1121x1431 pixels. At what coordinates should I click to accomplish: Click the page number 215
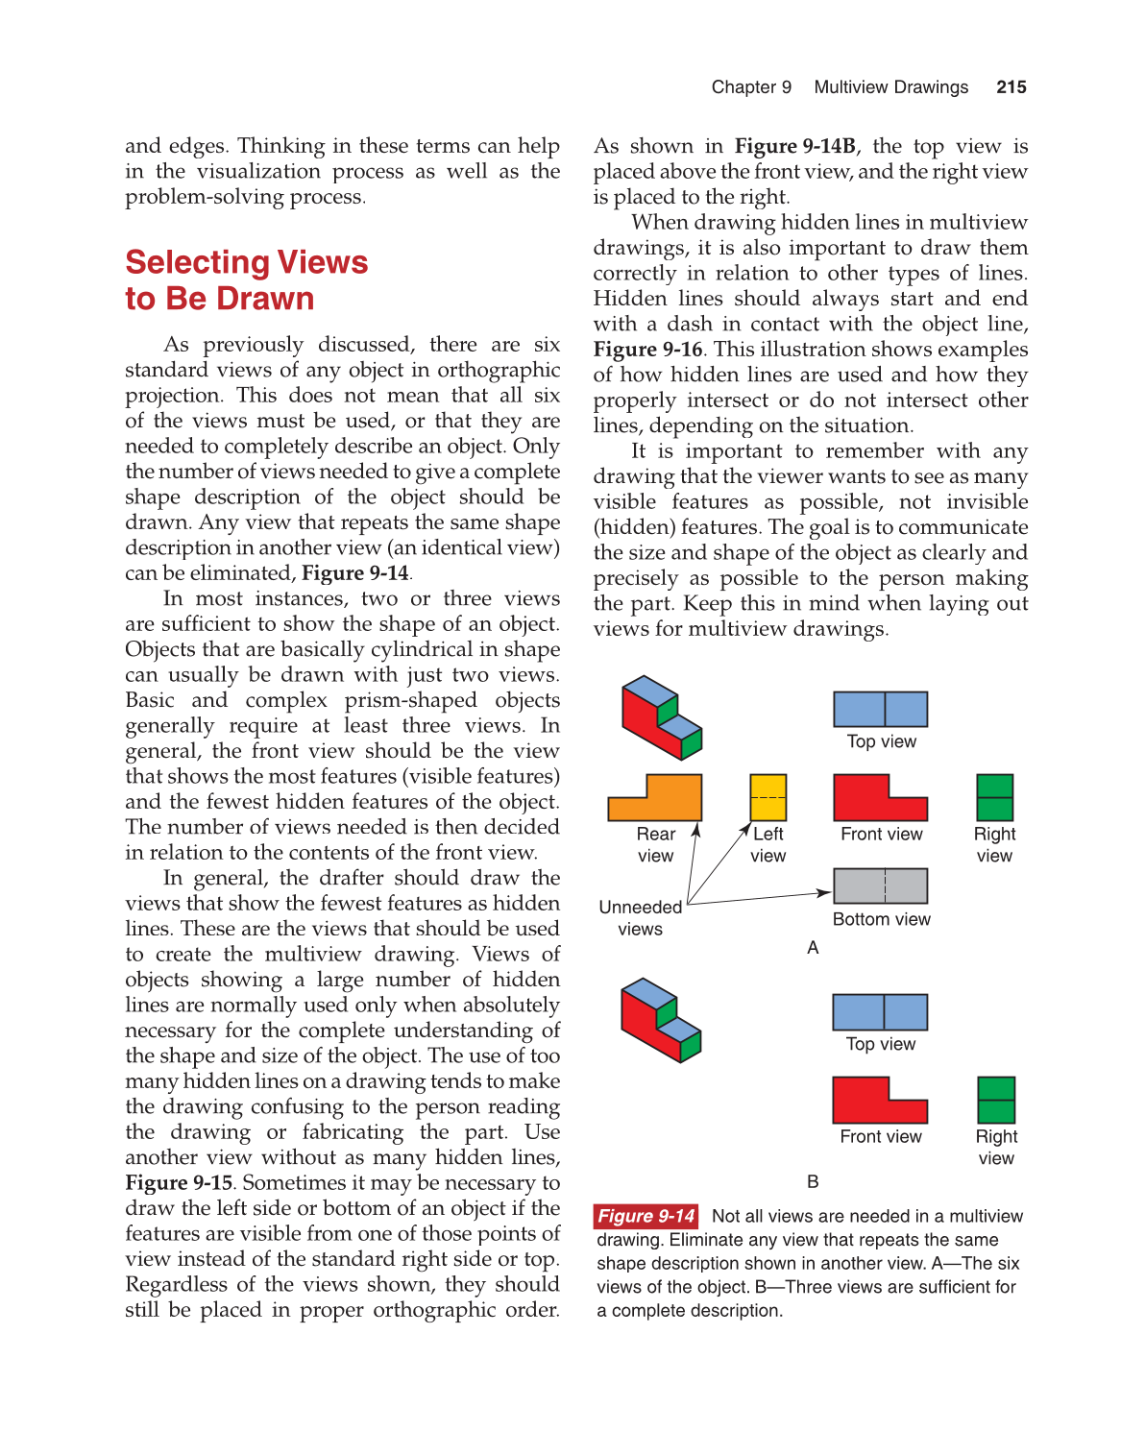[x=1011, y=87]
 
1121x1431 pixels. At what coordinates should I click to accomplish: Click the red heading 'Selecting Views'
[x=247, y=262]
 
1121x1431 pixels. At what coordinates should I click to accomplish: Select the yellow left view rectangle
[x=768, y=797]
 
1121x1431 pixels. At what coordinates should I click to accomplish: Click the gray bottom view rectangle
[x=880, y=885]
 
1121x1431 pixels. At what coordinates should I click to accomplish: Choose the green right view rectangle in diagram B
[x=996, y=1100]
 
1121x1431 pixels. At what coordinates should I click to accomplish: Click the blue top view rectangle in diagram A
[x=880, y=709]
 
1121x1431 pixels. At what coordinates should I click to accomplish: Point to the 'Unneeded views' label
[x=640, y=917]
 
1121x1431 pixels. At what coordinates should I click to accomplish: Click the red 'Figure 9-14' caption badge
[x=646, y=1216]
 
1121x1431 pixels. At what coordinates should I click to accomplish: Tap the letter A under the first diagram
[x=813, y=948]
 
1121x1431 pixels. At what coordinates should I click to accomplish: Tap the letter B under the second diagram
[x=813, y=1182]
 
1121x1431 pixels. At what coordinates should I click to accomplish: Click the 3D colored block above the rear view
[x=661, y=717]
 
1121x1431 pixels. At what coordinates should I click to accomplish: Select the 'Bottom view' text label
[x=881, y=919]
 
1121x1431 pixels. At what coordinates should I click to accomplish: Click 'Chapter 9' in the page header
[x=751, y=87]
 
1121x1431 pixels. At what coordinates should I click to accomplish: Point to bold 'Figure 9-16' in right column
[x=647, y=350]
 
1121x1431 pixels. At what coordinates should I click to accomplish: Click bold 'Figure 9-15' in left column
[x=179, y=1183]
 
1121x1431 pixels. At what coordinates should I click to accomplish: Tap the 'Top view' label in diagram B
[x=880, y=1044]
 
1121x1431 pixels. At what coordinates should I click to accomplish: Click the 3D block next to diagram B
[x=660, y=1020]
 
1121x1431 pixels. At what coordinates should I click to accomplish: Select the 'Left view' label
[x=768, y=844]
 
